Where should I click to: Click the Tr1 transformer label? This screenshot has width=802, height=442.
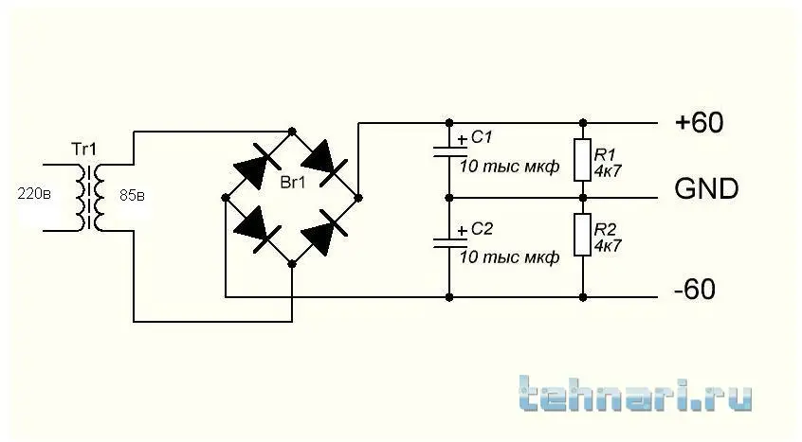click(83, 150)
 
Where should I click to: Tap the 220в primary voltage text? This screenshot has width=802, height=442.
click(34, 194)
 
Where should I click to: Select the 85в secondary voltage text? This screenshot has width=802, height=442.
click(133, 196)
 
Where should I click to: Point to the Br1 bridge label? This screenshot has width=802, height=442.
click(293, 183)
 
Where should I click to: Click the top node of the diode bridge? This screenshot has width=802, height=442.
click(292, 132)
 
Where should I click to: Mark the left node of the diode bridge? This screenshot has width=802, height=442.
click(226, 198)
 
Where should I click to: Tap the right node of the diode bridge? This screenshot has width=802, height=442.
click(358, 198)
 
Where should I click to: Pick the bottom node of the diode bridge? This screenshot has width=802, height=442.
click(292, 264)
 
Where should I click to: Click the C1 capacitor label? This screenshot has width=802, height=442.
click(482, 137)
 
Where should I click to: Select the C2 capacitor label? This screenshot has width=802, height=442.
click(482, 229)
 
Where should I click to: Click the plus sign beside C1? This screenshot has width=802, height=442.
click(462, 139)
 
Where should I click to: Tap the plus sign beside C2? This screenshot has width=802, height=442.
click(462, 231)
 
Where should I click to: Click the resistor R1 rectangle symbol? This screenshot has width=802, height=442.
click(583, 160)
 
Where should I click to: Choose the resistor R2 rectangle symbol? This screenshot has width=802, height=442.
click(583, 235)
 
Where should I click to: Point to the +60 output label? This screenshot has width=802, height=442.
click(700, 122)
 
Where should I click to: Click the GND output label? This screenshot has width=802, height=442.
click(706, 189)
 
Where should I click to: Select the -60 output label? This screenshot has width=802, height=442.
click(695, 290)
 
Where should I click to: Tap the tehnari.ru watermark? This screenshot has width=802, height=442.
click(636, 394)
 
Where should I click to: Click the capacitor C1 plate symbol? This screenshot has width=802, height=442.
click(449, 151)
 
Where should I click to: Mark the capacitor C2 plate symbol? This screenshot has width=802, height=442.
click(449, 243)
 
